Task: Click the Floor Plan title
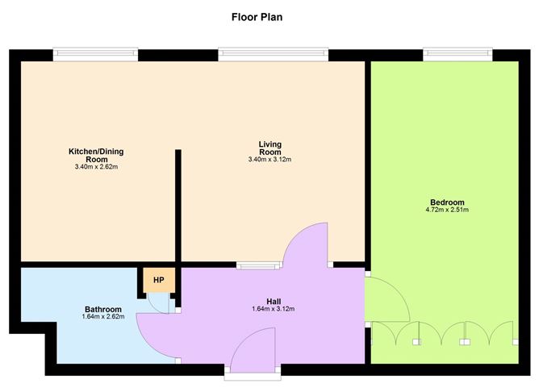click(257, 16)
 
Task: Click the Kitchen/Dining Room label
click(95, 155)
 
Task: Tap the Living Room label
click(269, 148)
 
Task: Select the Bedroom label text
click(447, 202)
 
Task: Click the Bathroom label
click(103, 310)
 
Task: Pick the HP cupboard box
click(159, 280)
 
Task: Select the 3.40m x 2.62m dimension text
click(95, 167)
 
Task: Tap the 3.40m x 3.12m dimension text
click(269, 160)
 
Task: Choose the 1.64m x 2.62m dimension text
click(103, 317)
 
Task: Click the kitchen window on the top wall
click(95, 54)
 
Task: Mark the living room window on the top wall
click(274, 54)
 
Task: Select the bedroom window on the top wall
click(457, 54)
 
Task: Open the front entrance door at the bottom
click(253, 355)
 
